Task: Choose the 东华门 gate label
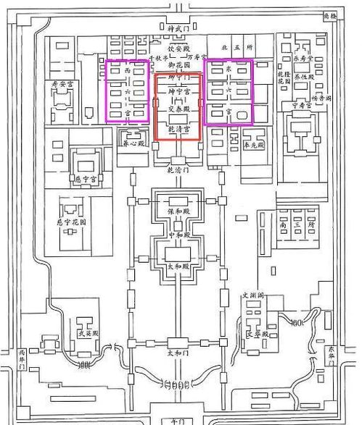click(332, 355)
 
